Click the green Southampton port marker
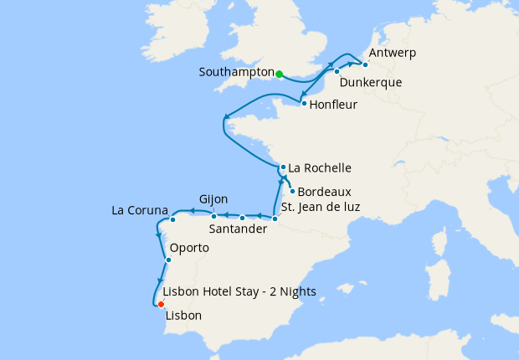click(x=279, y=74)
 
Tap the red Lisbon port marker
click(x=161, y=304)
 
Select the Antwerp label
click(x=392, y=53)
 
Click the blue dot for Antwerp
click(x=365, y=64)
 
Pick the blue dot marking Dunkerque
click(x=337, y=72)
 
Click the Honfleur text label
click(x=333, y=105)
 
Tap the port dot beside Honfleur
click(x=302, y=104)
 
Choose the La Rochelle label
click(x=320, y=167)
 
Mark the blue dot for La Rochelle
click(x=283, y=167)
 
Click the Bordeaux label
click(x=324, y=191)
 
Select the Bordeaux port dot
click(x=292, y=191)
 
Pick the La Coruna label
click(x=140, y=209)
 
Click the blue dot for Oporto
click(x=168, y=260)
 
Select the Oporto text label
click(x=189, y=249)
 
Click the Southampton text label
click(x=236, y=73)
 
